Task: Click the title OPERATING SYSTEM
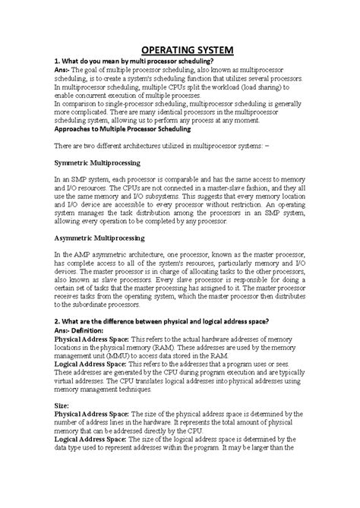tap(179, 50)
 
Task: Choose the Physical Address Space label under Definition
tap(90, 338)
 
